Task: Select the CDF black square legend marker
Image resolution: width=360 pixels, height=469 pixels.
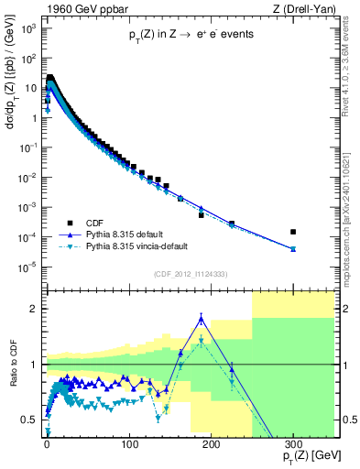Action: click(x=68, y=223)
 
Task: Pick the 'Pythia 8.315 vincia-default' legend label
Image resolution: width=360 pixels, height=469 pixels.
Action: click(x=147, y=247)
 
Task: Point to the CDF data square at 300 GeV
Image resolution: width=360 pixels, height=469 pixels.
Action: click(x=293, y=232)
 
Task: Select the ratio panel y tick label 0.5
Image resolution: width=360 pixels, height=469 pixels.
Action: click(x=28, y=420)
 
